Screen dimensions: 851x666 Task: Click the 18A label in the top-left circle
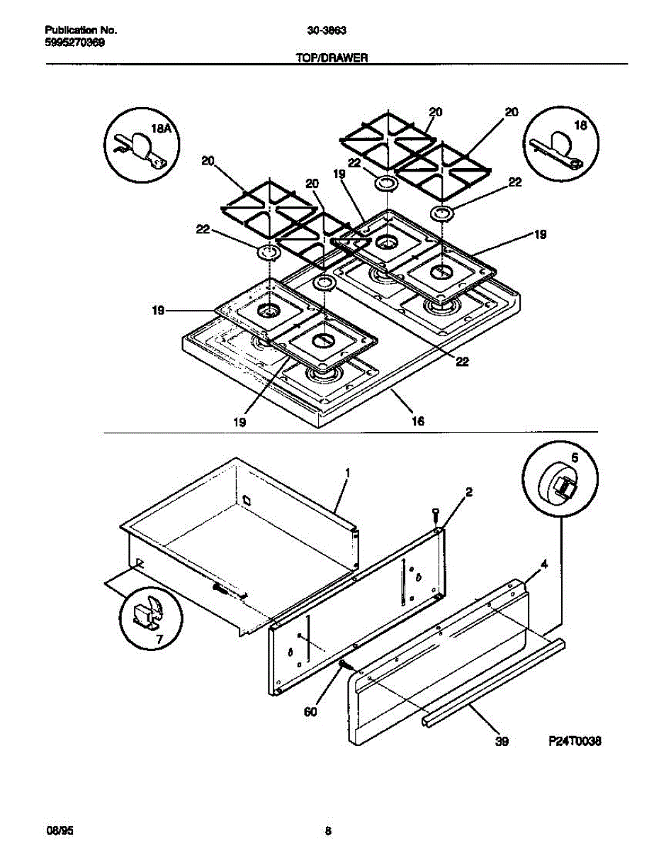pyautogui.click(x=162, y=128)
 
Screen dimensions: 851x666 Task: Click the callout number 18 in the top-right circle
pyautogui.click(x=580, y=126)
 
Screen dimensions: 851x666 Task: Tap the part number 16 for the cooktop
pyautogui.click(x=418, y=421)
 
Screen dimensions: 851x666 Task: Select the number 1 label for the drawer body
pyautogui.click(x=348, y=472)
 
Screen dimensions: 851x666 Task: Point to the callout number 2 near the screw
pyautogui.click(x=469, y=491)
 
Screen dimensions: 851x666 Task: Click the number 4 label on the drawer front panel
pyautogui.click(x=543, y=565)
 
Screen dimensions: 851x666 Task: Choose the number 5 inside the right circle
pyautogui.click(x=575, y=459)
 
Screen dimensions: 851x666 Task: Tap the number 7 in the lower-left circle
pyautogui.click(x=159, y=639)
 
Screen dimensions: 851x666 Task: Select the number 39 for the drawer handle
pyautogui.click(x=502, y=742)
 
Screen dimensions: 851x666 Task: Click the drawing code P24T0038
pyautogui.click(x=575, y=741)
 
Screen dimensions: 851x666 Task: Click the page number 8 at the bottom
pyautogui.click(x=327, y=831)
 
